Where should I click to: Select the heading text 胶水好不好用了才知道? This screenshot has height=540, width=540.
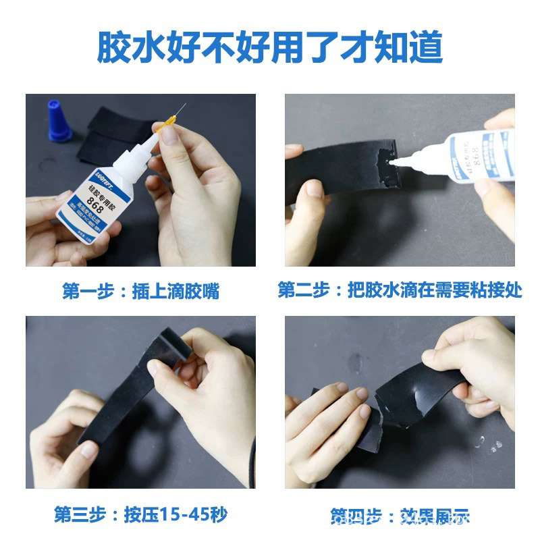(x=269, y=47)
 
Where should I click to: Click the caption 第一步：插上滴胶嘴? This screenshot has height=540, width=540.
(x=140, y=292)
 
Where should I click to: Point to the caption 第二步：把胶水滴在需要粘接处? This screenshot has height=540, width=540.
(x=400, y=290)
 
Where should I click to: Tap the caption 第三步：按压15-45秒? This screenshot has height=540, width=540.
(x=140, y=514)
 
